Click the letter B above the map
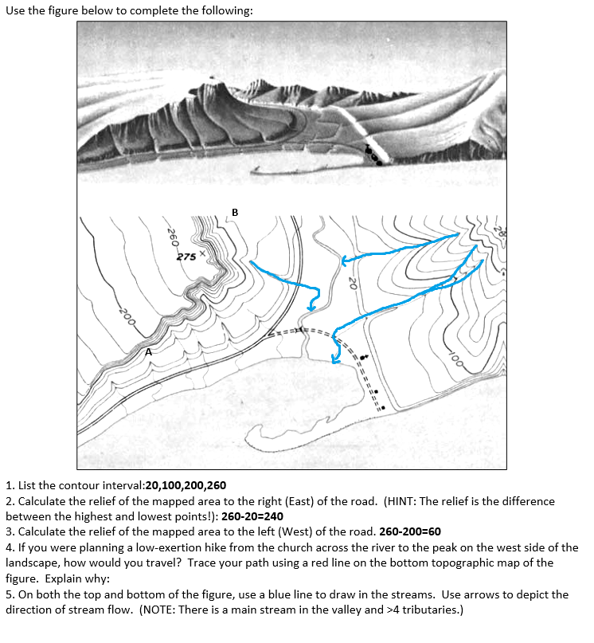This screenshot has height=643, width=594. (234, 211)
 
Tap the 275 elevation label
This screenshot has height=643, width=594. (186, 257)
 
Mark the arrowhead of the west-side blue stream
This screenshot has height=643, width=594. (313, 307)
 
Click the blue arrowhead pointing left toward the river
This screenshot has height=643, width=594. (344, 260)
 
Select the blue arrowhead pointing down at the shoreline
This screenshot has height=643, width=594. (336, 360)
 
